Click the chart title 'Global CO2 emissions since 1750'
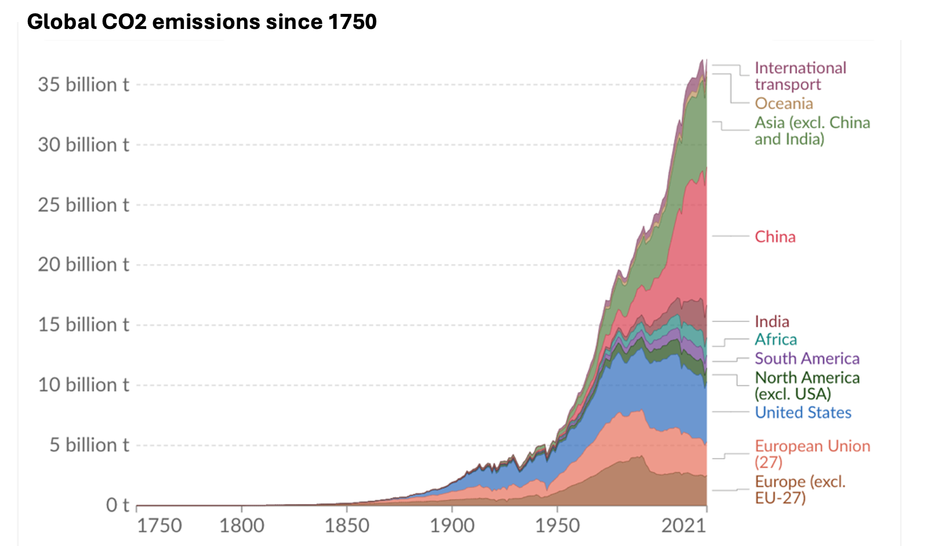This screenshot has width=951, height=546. tap(202, 22)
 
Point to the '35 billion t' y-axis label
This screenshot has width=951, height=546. tap(84, 85)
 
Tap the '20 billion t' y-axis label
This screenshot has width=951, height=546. tap(84, 265)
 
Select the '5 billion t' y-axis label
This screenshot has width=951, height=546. tap(89, 445)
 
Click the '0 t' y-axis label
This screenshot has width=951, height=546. tap(117, 505)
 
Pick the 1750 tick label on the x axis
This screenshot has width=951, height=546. tap(159, 526)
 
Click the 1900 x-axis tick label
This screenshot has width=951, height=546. tap(452, 526)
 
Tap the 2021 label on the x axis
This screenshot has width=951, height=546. tap(683, 526)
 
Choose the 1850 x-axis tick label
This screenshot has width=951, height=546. tap(346, 526)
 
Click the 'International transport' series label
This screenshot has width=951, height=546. tap(800, 76)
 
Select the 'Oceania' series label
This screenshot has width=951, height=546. tap(783, 104)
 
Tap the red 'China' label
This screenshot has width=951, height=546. tap(775, 236)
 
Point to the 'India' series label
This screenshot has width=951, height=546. tap(772, 322)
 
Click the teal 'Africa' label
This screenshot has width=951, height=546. tap(775, 340)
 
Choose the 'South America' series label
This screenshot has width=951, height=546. tap(807, 359)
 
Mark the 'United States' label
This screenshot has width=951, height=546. tap(803, 413)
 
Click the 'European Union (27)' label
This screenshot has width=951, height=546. tap(812, 454)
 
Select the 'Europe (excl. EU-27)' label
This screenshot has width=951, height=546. tap(800, 489)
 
